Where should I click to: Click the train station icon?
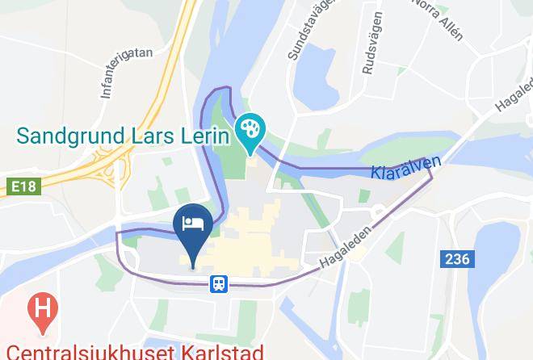(218, 283)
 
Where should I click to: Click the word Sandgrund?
(68, 134)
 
